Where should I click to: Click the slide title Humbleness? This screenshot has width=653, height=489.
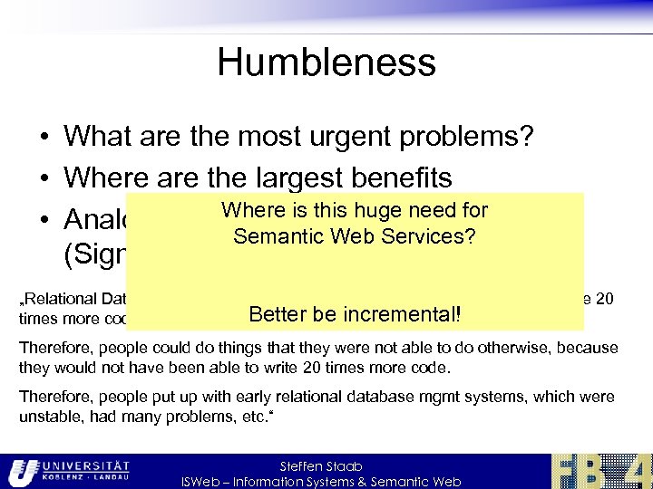coord(326,63)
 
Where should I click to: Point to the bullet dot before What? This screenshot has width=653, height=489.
coord(44,138)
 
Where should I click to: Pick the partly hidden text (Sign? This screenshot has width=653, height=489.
coord(94,255)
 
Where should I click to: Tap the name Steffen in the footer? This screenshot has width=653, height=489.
coord(300,465)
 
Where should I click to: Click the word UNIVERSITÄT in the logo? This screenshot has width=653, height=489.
coord(91,465)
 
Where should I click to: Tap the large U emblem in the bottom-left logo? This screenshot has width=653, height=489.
coord(24,472)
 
